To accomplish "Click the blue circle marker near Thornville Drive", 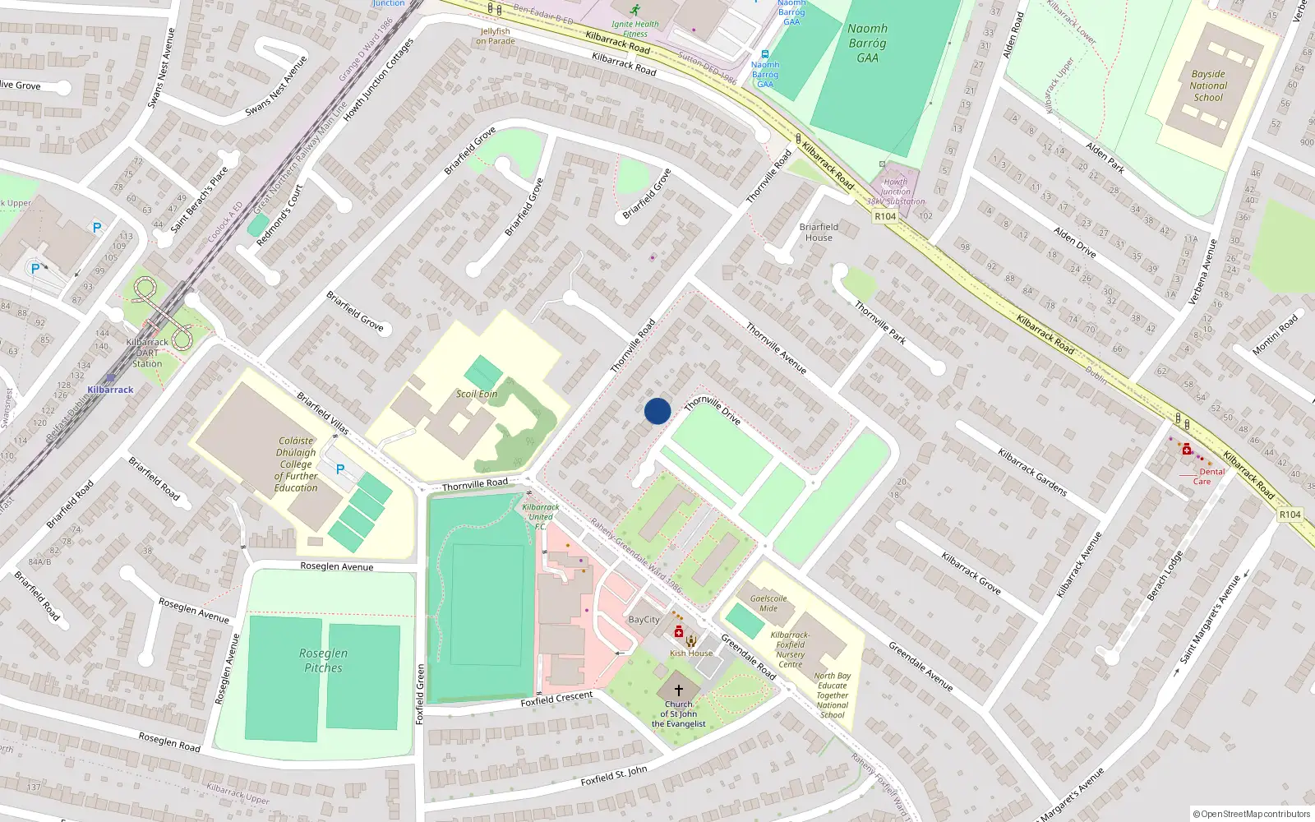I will pyautogui.click(x=657, y=411).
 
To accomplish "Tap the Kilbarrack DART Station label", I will pyautogui.click(x=147, y=353).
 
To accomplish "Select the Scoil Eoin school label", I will pyautogui.click(x=477, y=394).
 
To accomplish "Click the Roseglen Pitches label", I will pyautogui.click(x=323, y=660).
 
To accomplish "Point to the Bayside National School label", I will pyautogui.click(x=1208, y=85).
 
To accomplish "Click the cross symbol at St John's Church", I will pyautogui.click(x=678, y=690).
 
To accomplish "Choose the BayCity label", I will pyautogui.click(x=644, y=620).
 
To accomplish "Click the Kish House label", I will pyautogui.click(x=691, y=653).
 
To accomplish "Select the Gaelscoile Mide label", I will pyautogui.click(x=768, y=603).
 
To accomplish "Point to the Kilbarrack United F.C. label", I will pyautogui.click(x=541, y=516).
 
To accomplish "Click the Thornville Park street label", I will pyautogui.click(x=880, y=321).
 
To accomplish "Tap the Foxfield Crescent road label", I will pyautogui.click(x=556, y=699).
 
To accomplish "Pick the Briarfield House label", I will pyautogui.click(x=819, y=232).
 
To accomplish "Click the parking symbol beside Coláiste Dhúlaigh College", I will pyautogui.click(x=340, y=469).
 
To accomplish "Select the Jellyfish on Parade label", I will pyautogui.click(x=496, y=36).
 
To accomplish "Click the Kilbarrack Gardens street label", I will pyautogui.click(x=1032, y=472).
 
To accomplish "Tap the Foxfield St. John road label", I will pyautogui.click(x=614, y=775).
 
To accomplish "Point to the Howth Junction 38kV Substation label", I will pyautogui.click(x=896, y=192).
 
